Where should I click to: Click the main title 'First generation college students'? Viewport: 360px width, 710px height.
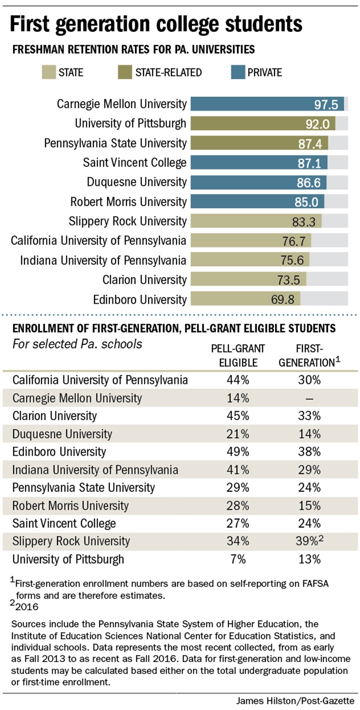pyautogui.click(x=155, y=23)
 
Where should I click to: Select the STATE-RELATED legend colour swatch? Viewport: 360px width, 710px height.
pyautogui.click(x=120, y=72)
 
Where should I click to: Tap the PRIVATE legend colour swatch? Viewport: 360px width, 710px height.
pyautogui.click(x=231, y=72)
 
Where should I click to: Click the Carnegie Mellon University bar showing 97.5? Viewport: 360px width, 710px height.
pyautogui.click(x=267, y=104)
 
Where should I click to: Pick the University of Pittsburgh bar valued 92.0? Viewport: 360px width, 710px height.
pyautogui.click(x=262, y=123)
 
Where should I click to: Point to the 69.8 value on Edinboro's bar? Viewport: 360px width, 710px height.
pyautogui.click(x=283, y=299)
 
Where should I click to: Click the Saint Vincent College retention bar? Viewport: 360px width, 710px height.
pyautogui.click(x=258, y=162)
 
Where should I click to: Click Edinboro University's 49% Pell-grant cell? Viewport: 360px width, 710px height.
pyautogui.click(x=238, y=452)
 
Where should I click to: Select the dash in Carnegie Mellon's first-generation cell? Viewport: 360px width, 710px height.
pyautogui.click(x=306, y=398)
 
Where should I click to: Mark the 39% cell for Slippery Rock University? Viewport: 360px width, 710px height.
pyautogui.click(x=305, y=541)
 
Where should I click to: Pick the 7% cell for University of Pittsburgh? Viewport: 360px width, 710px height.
pyautogui.click(x=238, y=559)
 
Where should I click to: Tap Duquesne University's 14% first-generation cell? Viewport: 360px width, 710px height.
pyautogui.click(x=306, y=434)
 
